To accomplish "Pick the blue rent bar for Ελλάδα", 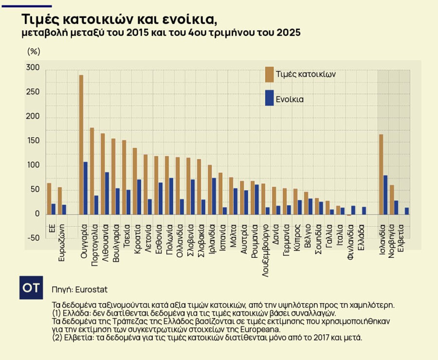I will tap(364, 211).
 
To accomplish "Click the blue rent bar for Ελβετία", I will tap(407, 211).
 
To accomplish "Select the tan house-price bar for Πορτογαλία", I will tap(92, 171).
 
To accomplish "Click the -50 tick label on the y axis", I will tap(33, 238).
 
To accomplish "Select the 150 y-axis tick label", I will tap(33, 142).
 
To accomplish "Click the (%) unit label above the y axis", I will tap(34, 51).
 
